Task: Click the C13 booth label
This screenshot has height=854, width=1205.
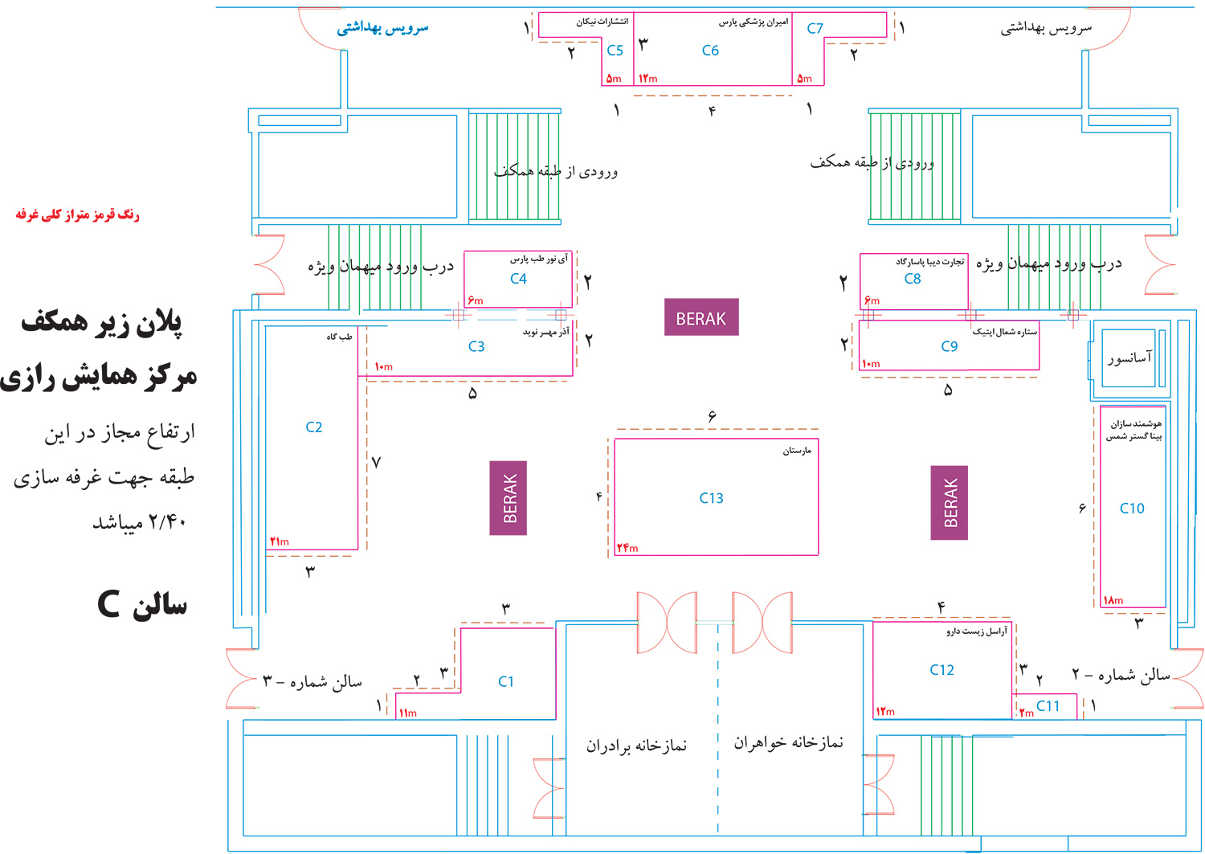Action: coord(711,498)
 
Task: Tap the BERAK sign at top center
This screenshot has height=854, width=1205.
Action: coord(701,318)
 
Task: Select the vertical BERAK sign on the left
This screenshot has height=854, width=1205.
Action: coord(509,498)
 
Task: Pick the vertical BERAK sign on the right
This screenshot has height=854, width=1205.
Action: coord(950,503)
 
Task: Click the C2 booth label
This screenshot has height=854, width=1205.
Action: coord(314,427)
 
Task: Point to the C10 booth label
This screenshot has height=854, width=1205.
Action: coord(1132,509)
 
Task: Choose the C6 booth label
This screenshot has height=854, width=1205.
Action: coord(710,51)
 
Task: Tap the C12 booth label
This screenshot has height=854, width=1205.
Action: coord(942,670)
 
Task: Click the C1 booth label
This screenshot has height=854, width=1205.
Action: coord(505,682)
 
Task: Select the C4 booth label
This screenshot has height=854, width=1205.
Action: coord(518,279)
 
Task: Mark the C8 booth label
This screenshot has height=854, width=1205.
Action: coord(913,279)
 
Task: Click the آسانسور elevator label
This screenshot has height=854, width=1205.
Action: coord(1129,357)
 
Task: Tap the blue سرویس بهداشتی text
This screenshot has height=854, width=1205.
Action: coord(382,28)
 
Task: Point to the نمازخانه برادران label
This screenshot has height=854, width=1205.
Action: coord(636,746)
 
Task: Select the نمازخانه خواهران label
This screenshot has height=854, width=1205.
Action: coord(788,743)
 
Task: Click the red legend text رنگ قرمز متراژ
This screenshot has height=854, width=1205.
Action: coord(77,215)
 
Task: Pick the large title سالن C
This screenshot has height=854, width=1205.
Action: coord(142,604)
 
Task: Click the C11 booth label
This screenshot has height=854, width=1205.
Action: coord(1048,706)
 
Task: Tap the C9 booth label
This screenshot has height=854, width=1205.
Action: coord(950,346)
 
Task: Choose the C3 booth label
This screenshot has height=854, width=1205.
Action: coord(476,346)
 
